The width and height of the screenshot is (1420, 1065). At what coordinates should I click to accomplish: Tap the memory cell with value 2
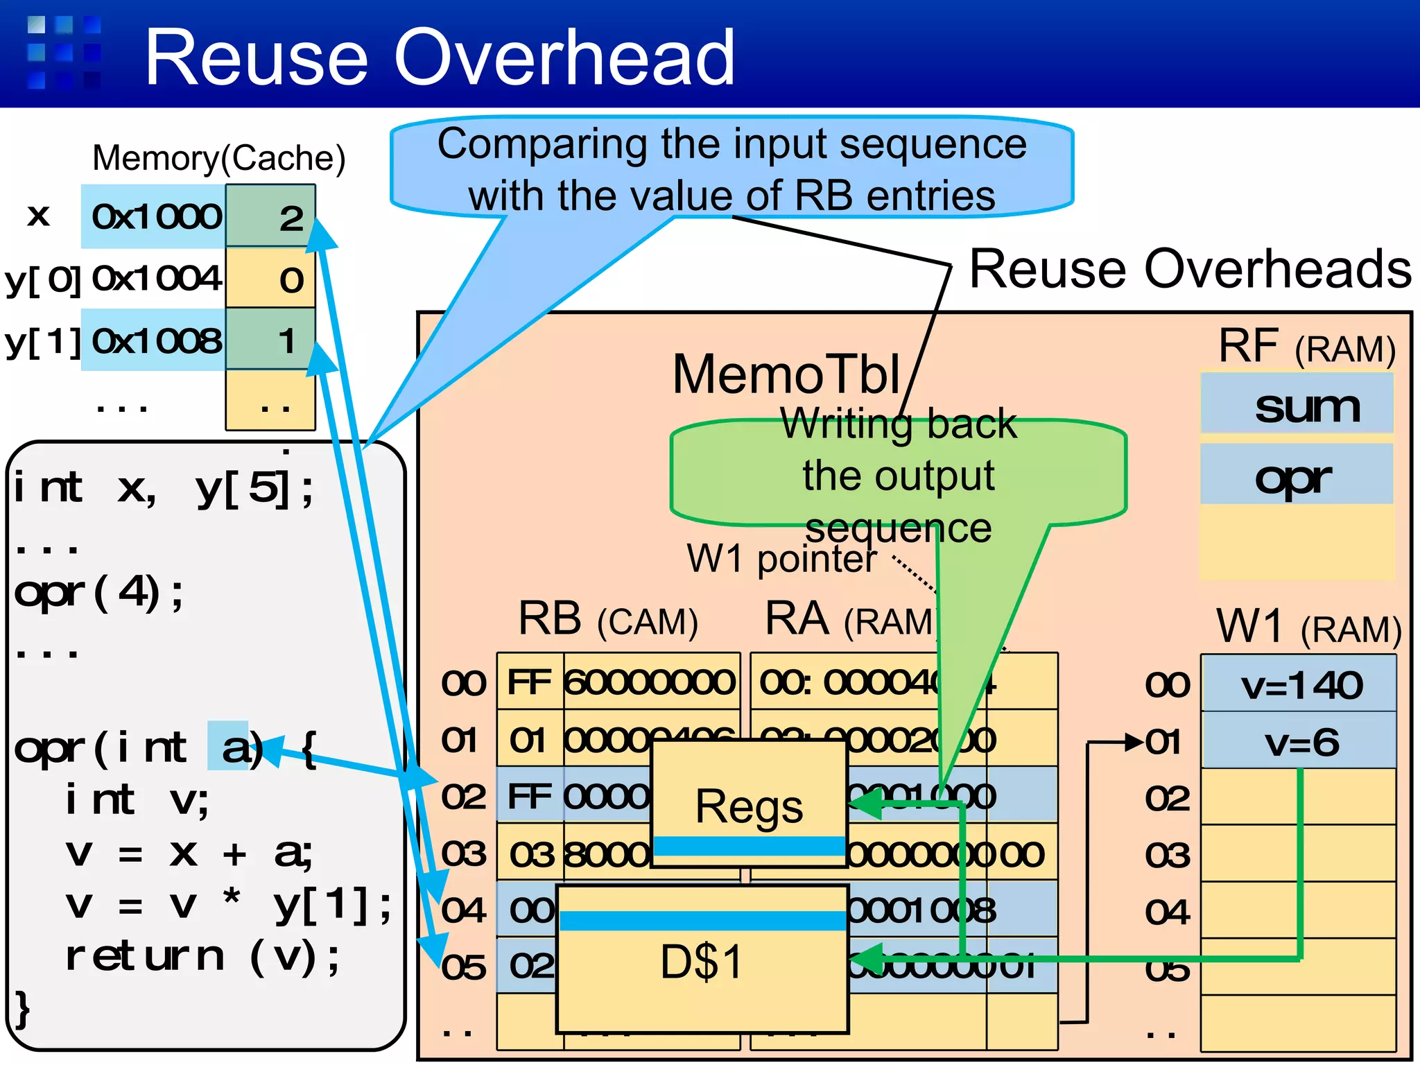[271, 217]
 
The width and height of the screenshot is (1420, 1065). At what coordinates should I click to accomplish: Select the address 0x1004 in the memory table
[156, 279]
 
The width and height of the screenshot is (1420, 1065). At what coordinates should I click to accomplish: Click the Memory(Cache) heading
[218, 158]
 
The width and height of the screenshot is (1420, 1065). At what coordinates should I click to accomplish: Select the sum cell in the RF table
[1297, 406]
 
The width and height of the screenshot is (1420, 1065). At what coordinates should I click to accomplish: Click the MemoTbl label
[787, 374]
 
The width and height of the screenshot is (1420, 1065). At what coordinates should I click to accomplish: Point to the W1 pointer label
[782, 559]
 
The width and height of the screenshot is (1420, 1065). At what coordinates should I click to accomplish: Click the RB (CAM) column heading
[607, 619]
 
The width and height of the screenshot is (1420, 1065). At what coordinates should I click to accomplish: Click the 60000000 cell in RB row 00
[650, 682]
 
